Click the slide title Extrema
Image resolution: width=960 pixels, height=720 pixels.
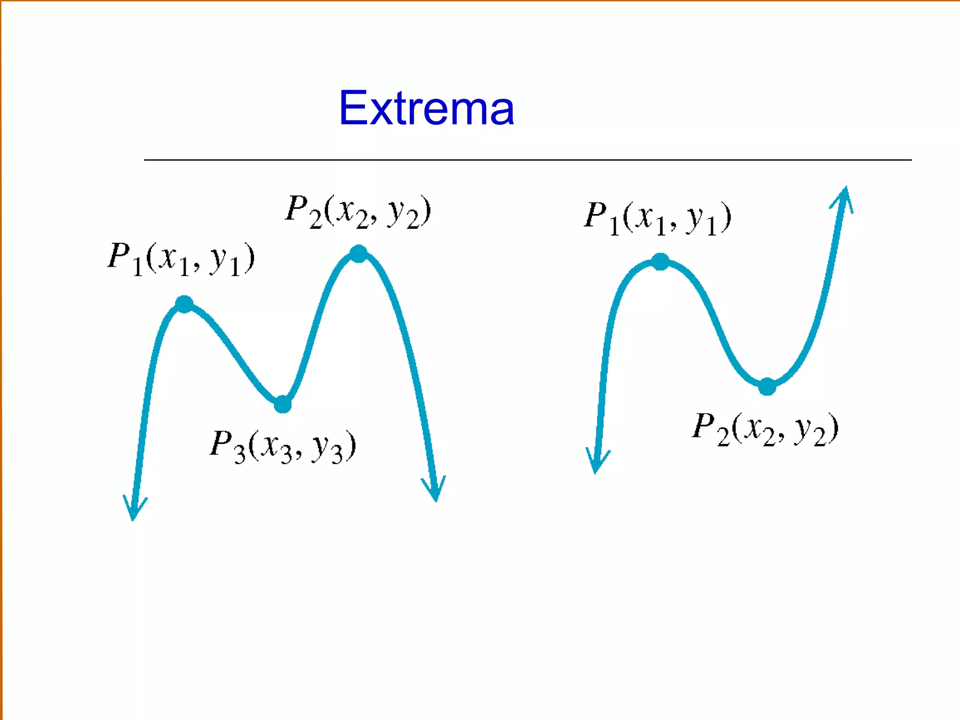click(x=426, y=109)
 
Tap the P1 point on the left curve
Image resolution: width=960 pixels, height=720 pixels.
click(x=184, y=304)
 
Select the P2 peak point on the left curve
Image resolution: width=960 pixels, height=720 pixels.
click(x=359, y=254)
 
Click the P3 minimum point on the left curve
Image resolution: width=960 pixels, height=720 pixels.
click(x=283, y=404)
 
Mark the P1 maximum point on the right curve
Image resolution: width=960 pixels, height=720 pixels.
click(x=660, y=262)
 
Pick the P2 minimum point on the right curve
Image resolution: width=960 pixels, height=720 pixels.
click(x=767, y=387)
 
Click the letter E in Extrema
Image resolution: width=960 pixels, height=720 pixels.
click(x=352, y=109)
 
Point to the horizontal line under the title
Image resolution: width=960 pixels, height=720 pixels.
click(x=527, y=160)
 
